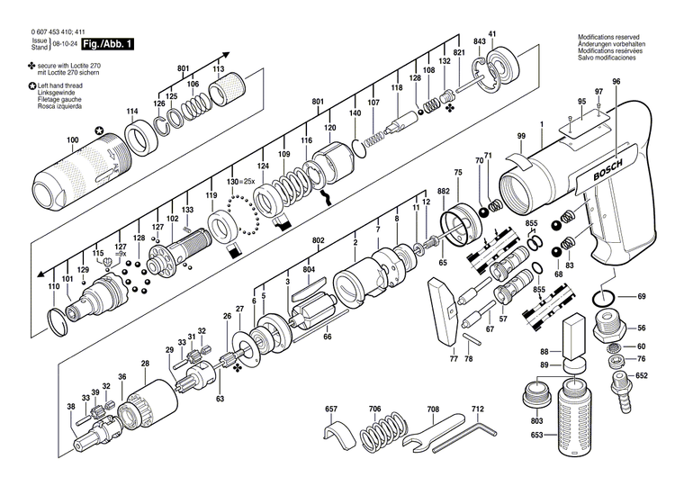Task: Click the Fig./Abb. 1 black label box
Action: click(x=108, y=44)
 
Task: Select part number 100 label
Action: click(x=72, y=139)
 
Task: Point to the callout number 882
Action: click(x=443, y=192)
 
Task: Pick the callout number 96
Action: click(x=616, y=82)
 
